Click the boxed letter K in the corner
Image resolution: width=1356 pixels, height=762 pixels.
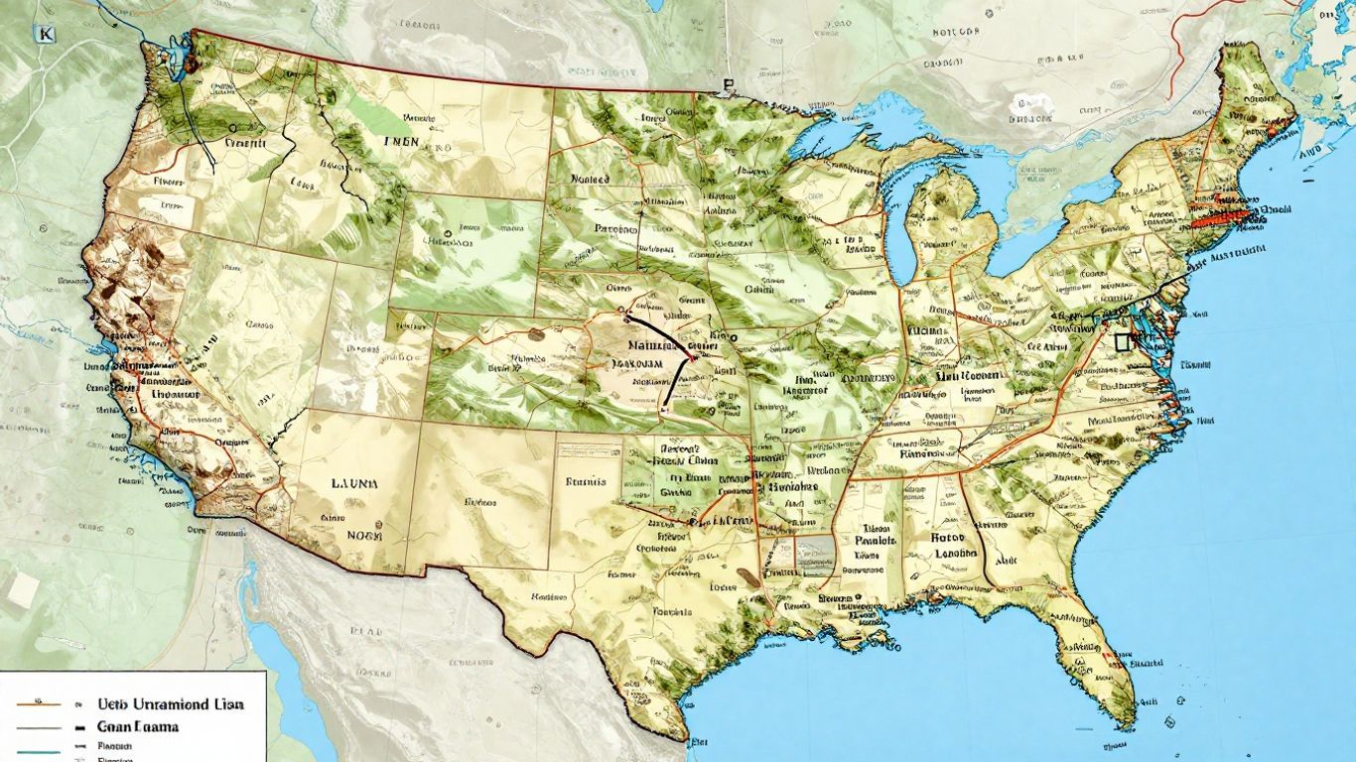coord(45,34)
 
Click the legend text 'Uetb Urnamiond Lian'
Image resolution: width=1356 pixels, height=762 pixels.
coord(171,703)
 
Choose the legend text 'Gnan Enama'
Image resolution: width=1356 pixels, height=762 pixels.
coord(138,726)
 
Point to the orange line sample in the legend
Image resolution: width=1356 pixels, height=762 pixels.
coord(40,703)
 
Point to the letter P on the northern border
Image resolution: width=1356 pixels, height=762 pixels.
coord(729,86)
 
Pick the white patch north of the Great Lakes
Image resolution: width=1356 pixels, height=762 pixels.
coord(1024,103)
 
